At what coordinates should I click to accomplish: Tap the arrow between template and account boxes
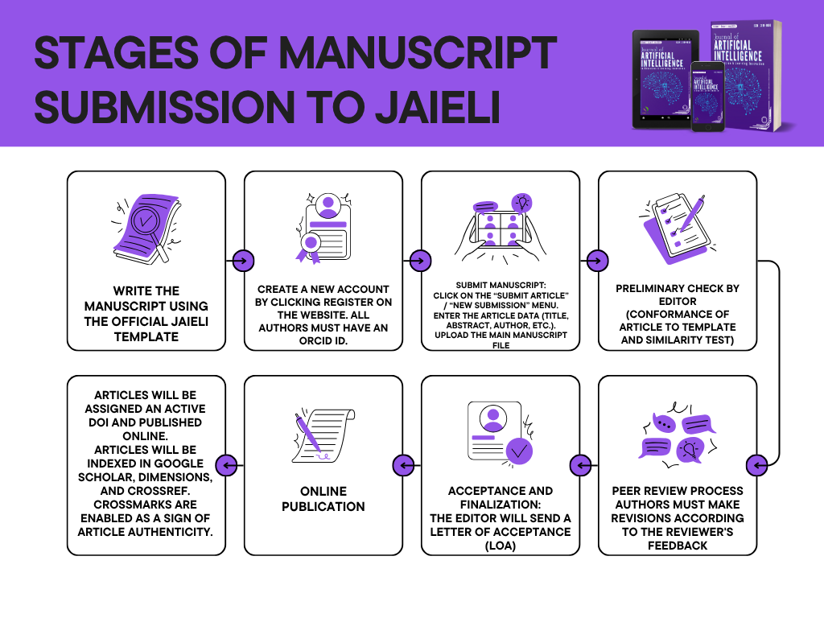coord(243,261)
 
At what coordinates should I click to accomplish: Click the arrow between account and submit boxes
coord(420,261)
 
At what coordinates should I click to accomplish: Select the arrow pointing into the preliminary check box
coord(597,261)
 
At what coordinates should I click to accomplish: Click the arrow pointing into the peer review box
coord(756,465)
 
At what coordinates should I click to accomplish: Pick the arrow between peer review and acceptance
coord(581,465)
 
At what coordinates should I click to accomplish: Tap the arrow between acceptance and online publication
coord(404,465)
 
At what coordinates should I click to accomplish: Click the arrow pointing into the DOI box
coord(227,465)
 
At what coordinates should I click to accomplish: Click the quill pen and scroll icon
coord(323,435)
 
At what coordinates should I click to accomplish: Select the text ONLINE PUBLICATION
coord(323,498)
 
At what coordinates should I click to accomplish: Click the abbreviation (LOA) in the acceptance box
coord(501,545)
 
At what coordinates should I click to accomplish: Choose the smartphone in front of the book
coord(707,97)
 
